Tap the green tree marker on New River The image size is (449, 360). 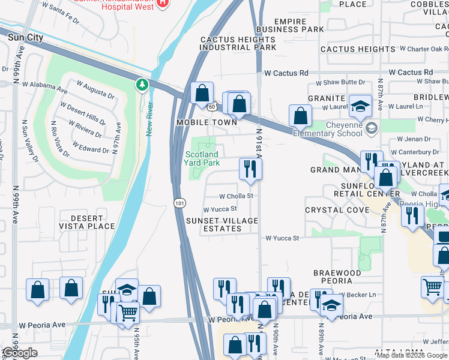142,85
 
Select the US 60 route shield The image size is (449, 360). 213,106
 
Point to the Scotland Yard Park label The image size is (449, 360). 202,158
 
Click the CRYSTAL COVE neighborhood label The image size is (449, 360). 337,210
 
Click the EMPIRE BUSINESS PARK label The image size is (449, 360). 290,25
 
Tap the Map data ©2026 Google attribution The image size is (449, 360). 412,355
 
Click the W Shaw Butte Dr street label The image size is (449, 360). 344,82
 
